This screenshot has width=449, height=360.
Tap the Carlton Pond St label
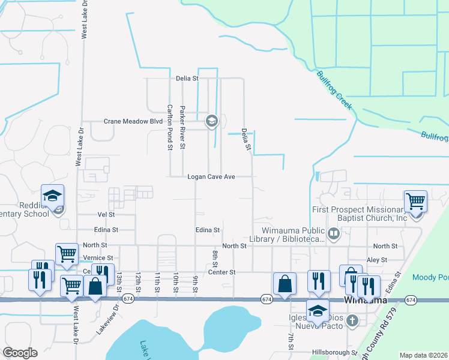pos(170,127)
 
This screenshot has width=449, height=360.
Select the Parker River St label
pos(183,127)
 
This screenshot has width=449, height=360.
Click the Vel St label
pos(106,214)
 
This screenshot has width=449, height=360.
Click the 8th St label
pos(214,259)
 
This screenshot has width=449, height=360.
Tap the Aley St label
pos(381,260)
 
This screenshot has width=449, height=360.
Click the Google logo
pos(20,353)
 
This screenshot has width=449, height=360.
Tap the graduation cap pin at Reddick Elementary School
pos(52,196)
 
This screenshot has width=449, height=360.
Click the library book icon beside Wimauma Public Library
pos(334,232)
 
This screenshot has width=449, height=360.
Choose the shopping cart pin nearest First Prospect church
pos(415,201)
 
